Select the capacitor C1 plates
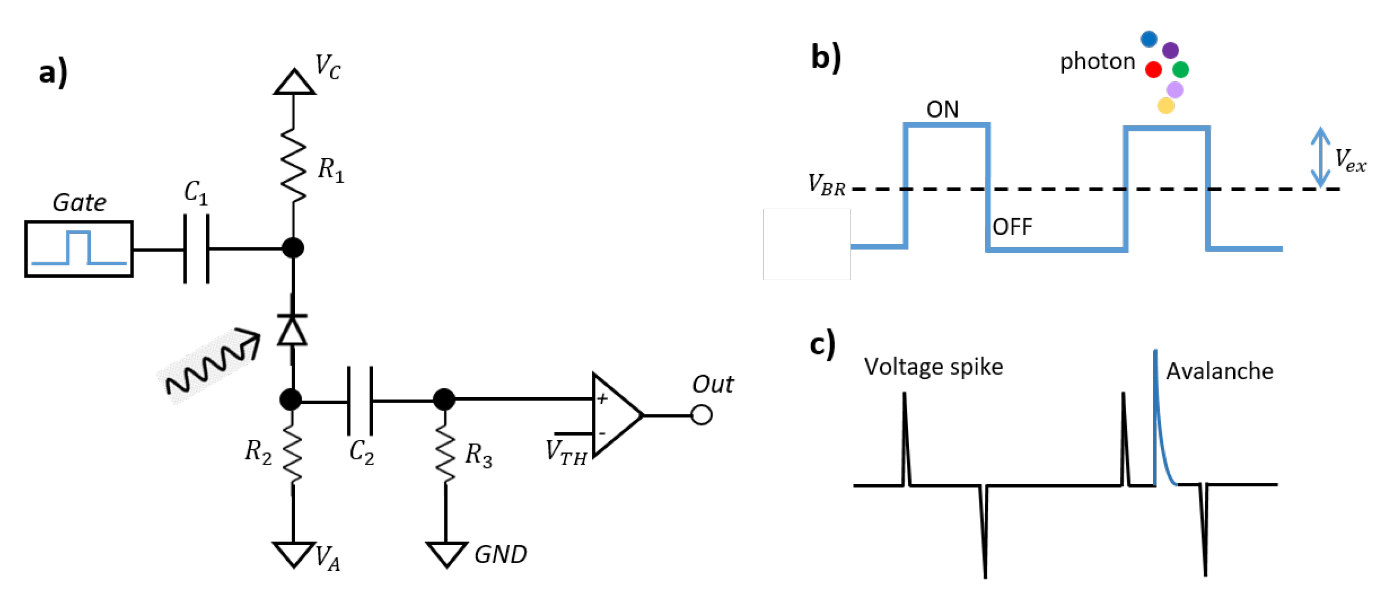click(x=196, y=249)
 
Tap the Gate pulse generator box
click(x=79, y=249)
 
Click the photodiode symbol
click(x=292, y=330)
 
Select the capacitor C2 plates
click(x=360, y=401)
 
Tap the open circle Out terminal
click(x=702, y=415)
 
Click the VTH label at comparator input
click(x=566, y=452)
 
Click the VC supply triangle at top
click(x=294, y=83)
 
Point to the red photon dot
click(x=1153, y=70)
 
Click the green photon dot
click(x=1180, y=70)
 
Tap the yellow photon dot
click(x=1166, y=106)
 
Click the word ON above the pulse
click(x=942, y=110)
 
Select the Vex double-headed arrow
click(x=1320, y=157)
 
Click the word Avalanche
click(x=1219, y=371)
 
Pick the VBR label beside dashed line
click(x=826, y=185)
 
